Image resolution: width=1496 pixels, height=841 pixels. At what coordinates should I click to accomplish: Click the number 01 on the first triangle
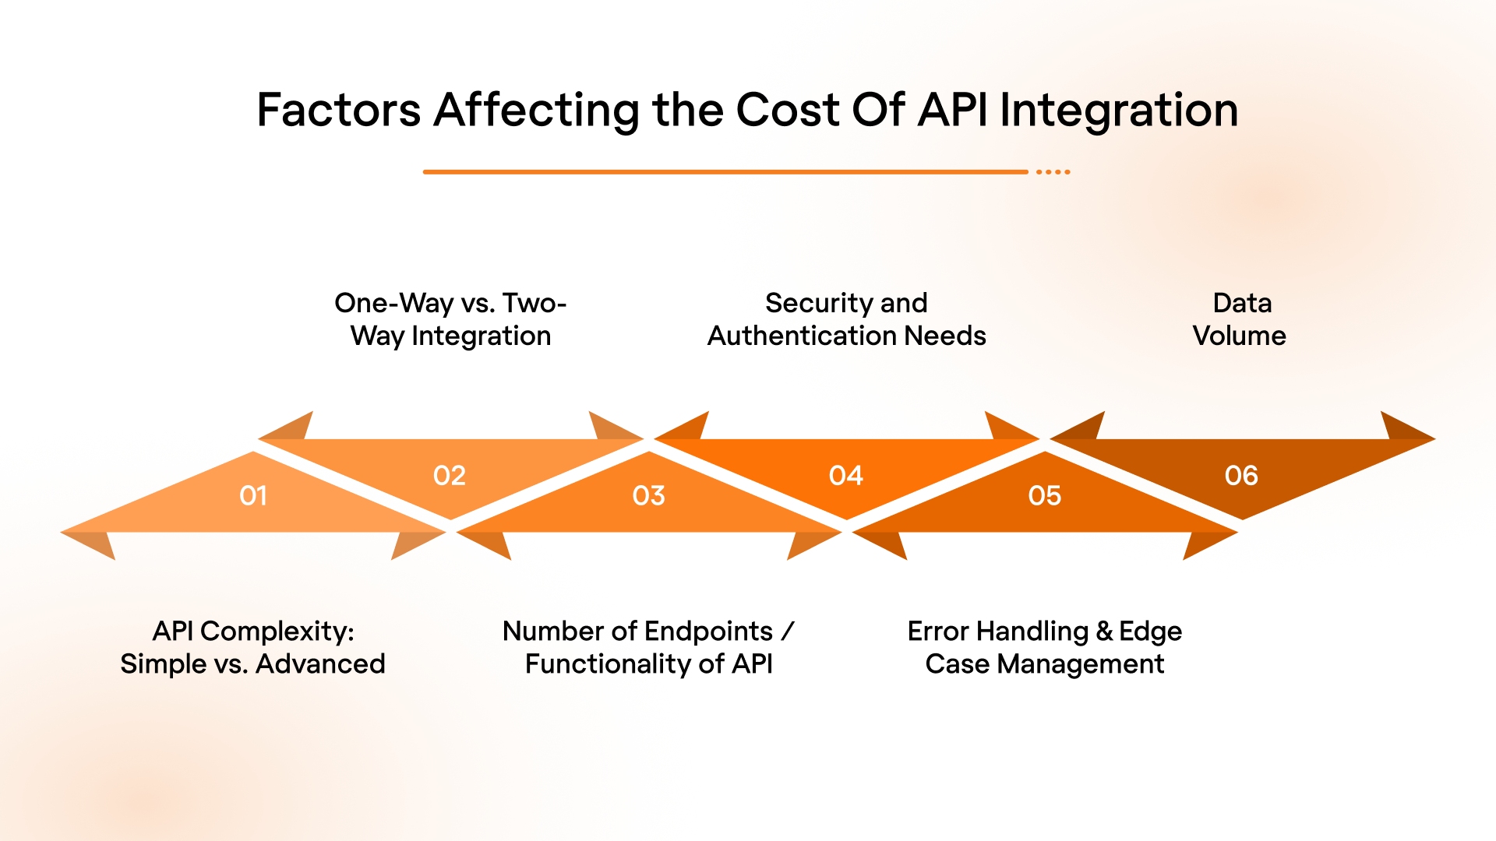[x=253, y=495]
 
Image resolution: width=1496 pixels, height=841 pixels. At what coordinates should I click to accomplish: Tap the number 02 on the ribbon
[x=450, y=475]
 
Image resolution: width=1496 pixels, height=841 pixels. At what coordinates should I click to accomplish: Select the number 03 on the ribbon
[x=648, y=495]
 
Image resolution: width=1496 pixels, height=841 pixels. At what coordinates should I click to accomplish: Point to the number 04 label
[x=846, y=475]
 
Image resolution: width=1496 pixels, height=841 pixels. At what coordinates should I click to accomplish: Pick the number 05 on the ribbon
[x=1044, y=495]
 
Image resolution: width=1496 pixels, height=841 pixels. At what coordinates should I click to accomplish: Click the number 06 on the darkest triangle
[x=1241, y=475]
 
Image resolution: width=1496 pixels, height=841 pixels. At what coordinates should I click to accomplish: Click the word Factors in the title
[x=339, y=110]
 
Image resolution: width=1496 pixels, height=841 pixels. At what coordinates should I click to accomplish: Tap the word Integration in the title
[x=1119, y=110]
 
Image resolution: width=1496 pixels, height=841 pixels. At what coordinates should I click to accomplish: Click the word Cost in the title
[x=787, y=110]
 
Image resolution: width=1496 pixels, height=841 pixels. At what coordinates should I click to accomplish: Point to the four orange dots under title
[x=1053, y=171]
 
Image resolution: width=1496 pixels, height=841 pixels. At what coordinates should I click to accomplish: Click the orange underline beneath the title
[x=725, y=171]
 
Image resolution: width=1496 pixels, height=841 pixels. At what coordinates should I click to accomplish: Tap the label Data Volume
[x=1240, y=319]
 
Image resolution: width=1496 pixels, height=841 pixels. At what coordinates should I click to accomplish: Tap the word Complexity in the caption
[x=276, y=631]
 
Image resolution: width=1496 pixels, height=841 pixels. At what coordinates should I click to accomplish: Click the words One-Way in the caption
[x=393, y=303]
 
